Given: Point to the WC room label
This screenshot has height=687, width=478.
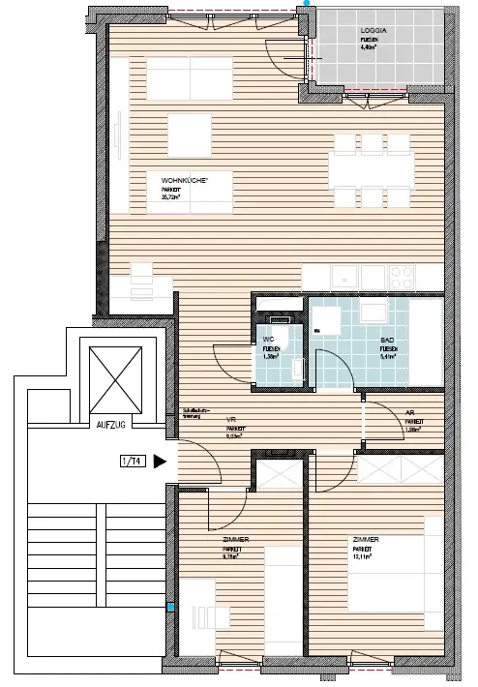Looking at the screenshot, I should click(269, 340).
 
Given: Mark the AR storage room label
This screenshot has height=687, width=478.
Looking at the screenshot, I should click(410, 410).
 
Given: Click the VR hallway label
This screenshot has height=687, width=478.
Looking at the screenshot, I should click(232, 419).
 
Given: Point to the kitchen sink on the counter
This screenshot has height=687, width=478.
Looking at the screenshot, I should click(343, 277).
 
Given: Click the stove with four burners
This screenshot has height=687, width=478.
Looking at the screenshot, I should click(398, 277).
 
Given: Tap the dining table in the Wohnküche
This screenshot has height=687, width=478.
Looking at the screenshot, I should click(372, 171).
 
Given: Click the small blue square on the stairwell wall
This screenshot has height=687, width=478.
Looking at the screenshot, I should click(171, 608).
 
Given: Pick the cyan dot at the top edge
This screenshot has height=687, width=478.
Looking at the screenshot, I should click(308, 3).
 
